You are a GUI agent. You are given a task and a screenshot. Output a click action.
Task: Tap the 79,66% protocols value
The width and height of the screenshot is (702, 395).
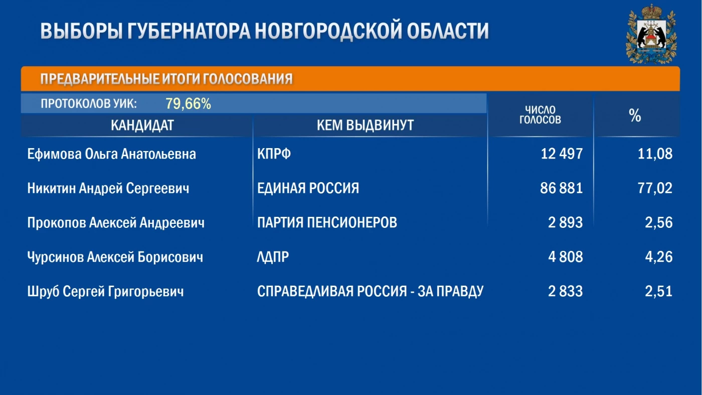click(188, 103)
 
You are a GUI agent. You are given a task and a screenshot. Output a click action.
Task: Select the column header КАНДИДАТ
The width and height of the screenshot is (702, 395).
click(142, 125)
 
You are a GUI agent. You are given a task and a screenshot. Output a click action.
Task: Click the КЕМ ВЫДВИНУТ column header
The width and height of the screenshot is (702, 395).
click(365, 125)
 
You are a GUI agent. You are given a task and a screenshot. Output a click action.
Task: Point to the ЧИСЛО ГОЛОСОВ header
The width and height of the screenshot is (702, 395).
click(540, 115)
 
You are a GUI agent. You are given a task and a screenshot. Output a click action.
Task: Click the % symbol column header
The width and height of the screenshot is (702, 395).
click(635, 115)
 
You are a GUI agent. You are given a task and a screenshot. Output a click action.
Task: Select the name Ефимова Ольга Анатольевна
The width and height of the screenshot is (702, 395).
click(111, 154)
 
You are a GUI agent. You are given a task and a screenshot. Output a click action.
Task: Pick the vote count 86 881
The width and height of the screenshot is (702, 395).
click(561, 188)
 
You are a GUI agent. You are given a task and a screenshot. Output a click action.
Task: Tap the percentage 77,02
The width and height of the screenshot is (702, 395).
click(655, 188)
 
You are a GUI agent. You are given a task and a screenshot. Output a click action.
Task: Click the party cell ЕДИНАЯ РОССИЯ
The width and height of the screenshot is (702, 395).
click(308, 188)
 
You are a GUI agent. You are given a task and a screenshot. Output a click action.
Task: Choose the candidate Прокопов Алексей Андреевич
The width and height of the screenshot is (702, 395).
click(116, 223)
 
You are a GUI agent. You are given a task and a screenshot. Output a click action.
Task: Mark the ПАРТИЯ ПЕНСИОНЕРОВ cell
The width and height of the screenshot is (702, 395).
click(327, 222)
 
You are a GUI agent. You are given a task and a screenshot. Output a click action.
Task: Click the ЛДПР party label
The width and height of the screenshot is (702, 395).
click(273, 257)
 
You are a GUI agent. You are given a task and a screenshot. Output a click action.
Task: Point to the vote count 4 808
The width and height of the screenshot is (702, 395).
click(566, 257)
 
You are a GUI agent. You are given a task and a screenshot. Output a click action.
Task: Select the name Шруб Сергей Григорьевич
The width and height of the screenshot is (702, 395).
click(106, 292)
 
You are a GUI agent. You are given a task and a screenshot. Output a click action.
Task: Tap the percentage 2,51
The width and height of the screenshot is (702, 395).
click(658, 292)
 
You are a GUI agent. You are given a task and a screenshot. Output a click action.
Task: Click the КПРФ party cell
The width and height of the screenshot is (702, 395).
click(274, 154)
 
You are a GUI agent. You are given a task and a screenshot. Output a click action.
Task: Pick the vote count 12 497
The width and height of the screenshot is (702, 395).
click(562, 154)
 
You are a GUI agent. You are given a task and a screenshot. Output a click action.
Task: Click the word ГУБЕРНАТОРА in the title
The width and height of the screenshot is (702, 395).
click(189, 31)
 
